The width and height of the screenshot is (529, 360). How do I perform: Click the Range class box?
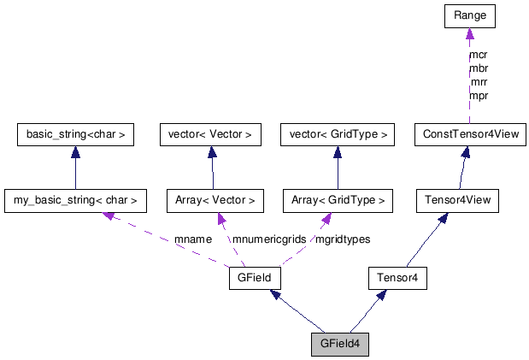pyautogui.click(x=469, y=16)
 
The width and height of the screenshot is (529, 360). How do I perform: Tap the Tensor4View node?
pyautogui.click(x=456, y=202)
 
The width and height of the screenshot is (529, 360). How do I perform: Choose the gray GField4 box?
pyautogui.click(x=339, y=344)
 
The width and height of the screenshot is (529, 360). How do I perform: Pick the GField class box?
pyautogui.click(x=255, y=278)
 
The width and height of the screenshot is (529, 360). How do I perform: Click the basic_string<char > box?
pyautogui.click(x=76, y=134)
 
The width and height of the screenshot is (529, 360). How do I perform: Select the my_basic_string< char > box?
pyautogui.click(x=74, y=202)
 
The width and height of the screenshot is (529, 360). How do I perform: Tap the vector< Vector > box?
pyautogui.click(x=212, y=134)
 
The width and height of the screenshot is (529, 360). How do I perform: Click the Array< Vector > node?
pyautogui.click(x=212, y=202)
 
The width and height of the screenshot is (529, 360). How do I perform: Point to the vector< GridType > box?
pyautogui.click(x=337, y=134)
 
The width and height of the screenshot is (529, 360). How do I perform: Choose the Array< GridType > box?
pyautogui.click(x=337, y=202)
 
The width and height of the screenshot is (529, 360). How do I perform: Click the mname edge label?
pyautogui.click(x=192, y=239)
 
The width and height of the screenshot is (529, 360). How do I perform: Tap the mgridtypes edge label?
pyautogui.click(x=343, y=239)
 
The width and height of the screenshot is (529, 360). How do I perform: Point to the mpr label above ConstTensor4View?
pyautogui.click(x=479, y=96)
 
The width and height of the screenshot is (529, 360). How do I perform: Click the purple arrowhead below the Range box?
pyautogui.click(x=469, y=34)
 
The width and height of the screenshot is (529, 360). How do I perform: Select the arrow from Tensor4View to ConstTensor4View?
pyautogui.click(x=463, y=168)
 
